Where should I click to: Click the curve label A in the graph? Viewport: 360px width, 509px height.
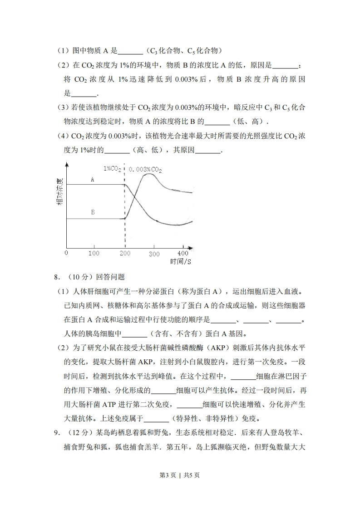pos(92,180)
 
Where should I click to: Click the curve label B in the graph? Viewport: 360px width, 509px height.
pos(93,212)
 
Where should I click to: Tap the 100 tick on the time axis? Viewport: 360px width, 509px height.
pos(94,253)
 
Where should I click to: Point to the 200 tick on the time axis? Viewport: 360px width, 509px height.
pos(124,253)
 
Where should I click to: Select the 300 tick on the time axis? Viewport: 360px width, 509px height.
pos(154,253)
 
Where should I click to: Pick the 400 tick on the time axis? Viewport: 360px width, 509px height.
pos(182,253)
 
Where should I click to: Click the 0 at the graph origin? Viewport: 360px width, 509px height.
pos(66,253)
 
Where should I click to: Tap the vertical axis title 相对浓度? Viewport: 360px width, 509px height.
pos(60,192)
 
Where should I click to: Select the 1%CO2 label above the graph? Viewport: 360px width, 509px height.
pos(112,168)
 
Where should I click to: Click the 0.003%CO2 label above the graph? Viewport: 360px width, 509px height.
pos(145,169)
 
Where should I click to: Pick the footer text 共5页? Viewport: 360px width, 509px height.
pos(192,488)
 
